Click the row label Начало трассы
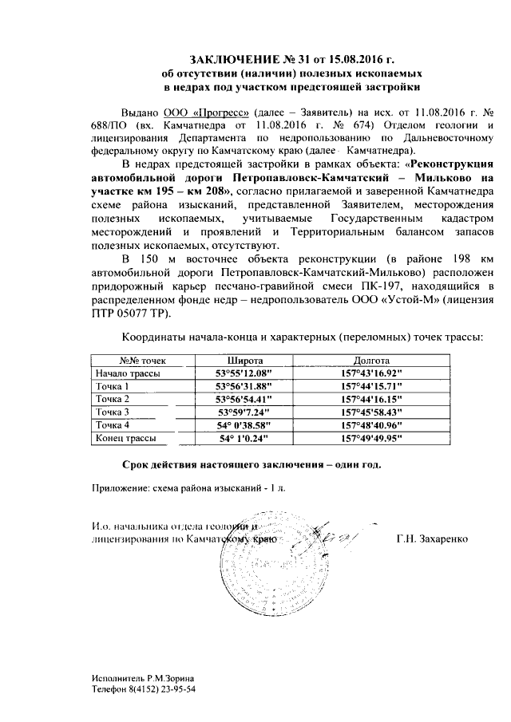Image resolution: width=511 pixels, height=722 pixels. [x=127, y=373]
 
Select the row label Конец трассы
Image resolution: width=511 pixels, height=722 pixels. [x=124, y=438]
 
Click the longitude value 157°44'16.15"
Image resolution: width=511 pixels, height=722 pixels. [x=370, y=399]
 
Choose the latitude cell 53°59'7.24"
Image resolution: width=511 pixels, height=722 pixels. [x=244, y=412]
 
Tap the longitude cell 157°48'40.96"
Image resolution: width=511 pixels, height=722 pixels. [x=370, y=425]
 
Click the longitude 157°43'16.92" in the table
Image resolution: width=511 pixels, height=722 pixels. [x=370, y=373]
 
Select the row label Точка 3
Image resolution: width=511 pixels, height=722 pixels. [x=113, y=412]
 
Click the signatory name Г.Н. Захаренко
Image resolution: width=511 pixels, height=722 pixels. [x=434, y=539]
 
